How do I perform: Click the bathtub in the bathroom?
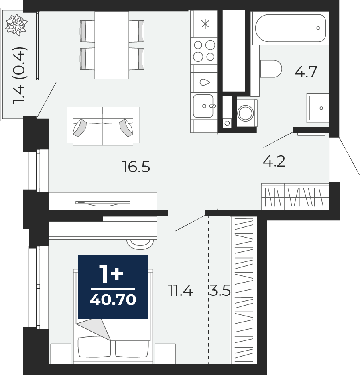point(290,28)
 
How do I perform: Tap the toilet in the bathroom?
point(271,69)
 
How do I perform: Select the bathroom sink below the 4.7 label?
point(318,108)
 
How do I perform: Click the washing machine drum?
point(246,113)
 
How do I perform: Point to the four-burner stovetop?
point(204,51)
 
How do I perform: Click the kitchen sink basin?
point(204,106)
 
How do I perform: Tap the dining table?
point(112,45)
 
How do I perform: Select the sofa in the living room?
point(103,126)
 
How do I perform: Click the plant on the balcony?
point(16,25)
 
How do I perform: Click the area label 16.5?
point(136,167)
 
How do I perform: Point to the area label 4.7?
point(306,72)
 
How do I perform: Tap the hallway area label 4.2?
point(274,161)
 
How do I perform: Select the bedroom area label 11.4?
point(180,291)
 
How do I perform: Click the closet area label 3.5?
point(220,291)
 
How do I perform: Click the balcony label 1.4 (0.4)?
point(20,75)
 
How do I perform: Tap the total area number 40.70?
point(113,300)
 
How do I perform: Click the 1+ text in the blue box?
point(112,274)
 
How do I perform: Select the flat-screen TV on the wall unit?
point(103,203)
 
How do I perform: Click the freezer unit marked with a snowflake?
point(205,24)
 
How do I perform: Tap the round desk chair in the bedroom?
point(140,244)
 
